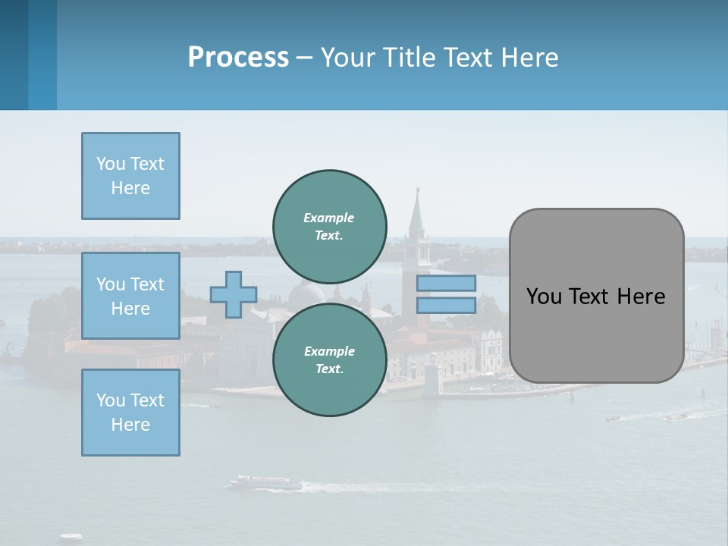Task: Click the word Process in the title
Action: (238, 58)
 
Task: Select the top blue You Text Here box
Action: (130, 176)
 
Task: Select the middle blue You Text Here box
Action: (130, 296)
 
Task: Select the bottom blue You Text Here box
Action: (130, 412)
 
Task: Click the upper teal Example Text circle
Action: (330, 226)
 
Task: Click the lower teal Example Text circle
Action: (330, 359)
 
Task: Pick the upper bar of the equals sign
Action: (446, 283)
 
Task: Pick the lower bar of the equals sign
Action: (446, 305)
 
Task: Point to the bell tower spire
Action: (417, 209)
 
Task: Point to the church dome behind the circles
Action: (306, 292)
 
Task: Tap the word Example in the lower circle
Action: (329, 351)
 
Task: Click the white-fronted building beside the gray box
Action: (491, 349)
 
